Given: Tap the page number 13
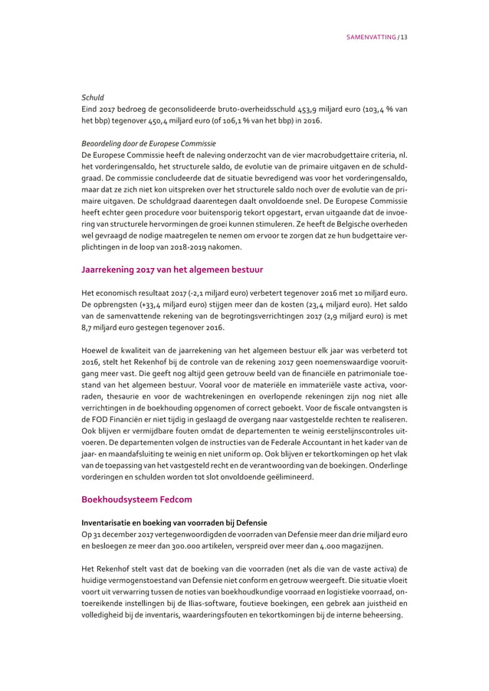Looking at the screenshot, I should point(403,37).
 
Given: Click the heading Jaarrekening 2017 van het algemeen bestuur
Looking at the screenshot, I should point(173,269).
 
